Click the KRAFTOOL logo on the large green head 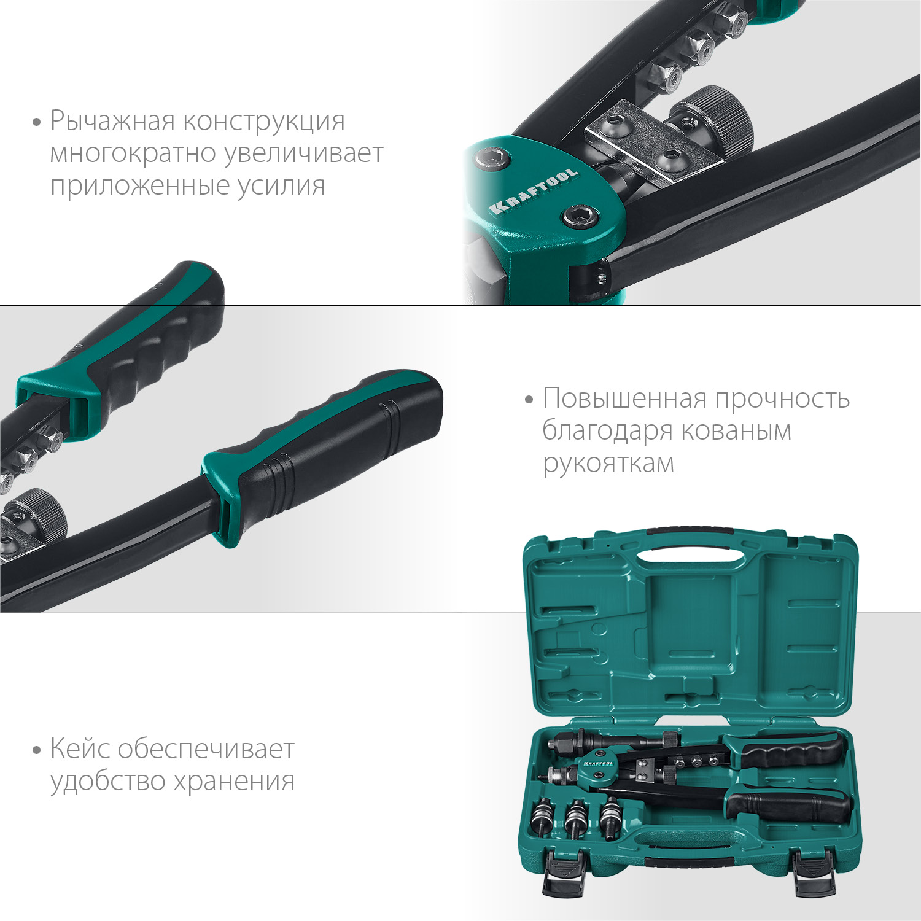(533, 191)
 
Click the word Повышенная (624, 398)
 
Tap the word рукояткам (608, 463)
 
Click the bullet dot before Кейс (37, 750)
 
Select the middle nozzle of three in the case (576, 818)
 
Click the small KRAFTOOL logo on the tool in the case (597, 763)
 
